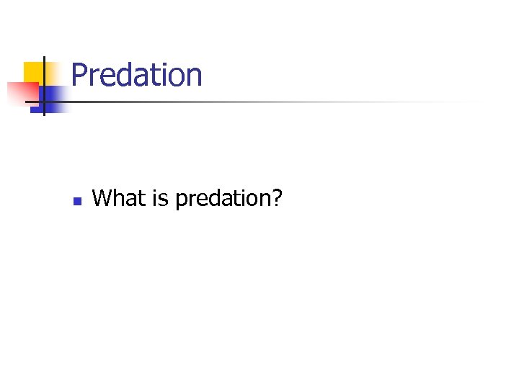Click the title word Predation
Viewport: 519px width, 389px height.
[x=137, y=75]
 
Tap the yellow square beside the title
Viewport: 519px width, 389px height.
[x=32, y=72]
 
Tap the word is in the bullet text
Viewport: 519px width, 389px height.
[x=159, y=197]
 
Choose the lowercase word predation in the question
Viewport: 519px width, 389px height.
[x=220, y=198]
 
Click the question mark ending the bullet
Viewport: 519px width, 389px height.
[x=276, y=197]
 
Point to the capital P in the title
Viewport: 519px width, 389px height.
[x=79, y=75]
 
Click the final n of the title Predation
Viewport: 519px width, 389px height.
[x=194, y=77]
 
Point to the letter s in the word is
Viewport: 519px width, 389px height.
[x=164, y=199]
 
